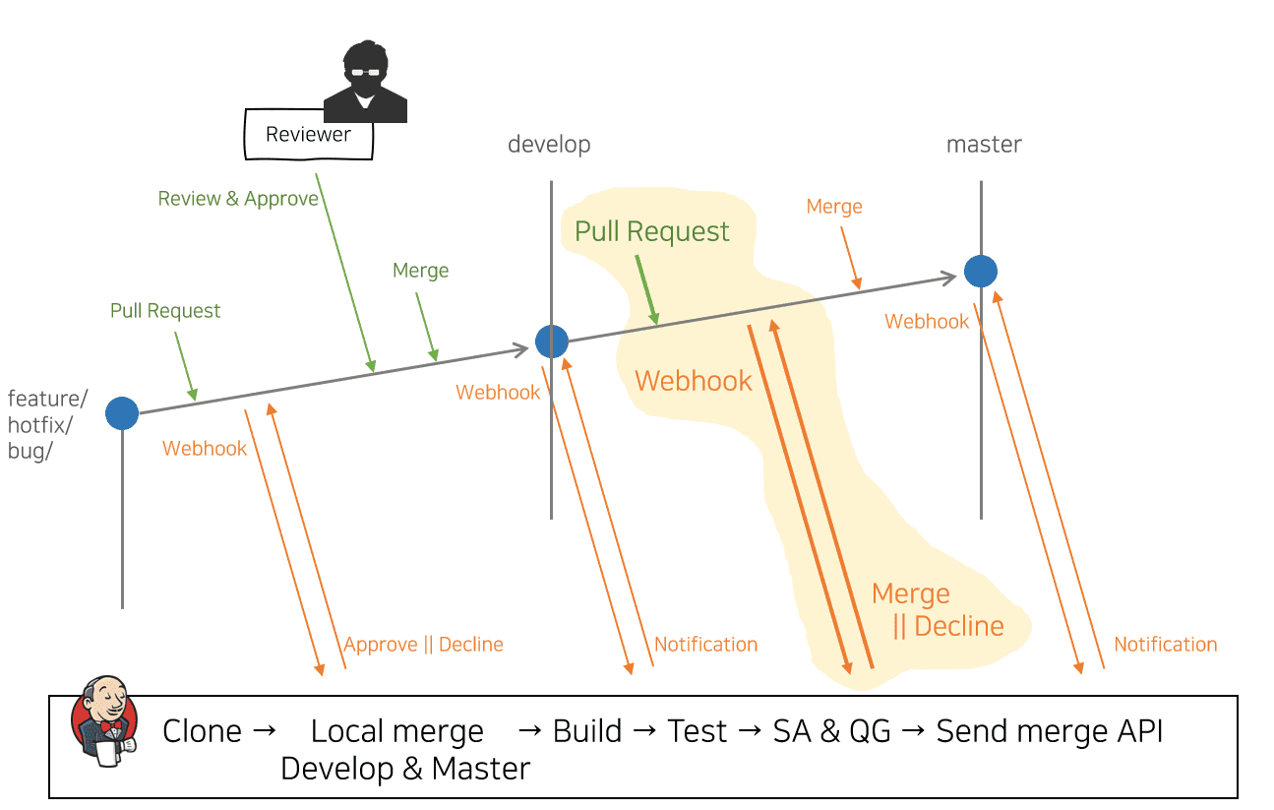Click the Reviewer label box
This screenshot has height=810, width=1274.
point(308,135)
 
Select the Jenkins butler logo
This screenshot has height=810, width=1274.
point(104,719)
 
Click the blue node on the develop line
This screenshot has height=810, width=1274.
point(552,341)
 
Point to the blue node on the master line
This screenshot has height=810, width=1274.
point(981,271)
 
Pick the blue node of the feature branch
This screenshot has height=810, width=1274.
point(122,413)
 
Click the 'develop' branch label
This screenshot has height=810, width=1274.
point(549,145)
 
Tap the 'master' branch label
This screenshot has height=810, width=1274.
point(984,145)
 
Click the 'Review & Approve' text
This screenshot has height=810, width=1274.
point(238,199)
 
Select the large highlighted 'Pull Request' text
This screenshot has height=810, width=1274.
point(652,232)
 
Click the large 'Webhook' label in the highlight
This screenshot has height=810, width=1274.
point(694,381)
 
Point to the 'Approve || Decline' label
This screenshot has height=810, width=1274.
point(423,645)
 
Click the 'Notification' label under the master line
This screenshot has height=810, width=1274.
point(1165,645)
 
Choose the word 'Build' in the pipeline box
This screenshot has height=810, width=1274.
point(587,731)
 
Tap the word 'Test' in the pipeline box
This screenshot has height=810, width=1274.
point(698,731)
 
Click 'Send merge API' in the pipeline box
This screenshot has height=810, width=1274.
point(1050,731)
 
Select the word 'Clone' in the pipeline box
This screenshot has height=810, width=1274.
point(202,731)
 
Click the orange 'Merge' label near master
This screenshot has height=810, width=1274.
point(834,207)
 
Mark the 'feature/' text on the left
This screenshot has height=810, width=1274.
point(47,399)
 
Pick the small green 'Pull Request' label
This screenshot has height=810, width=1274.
point(165,311)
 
